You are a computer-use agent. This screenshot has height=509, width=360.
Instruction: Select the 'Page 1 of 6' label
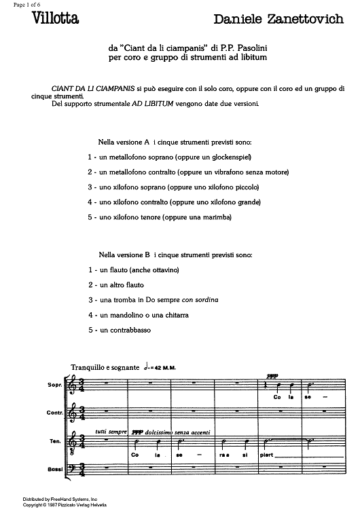pos(20,5)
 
